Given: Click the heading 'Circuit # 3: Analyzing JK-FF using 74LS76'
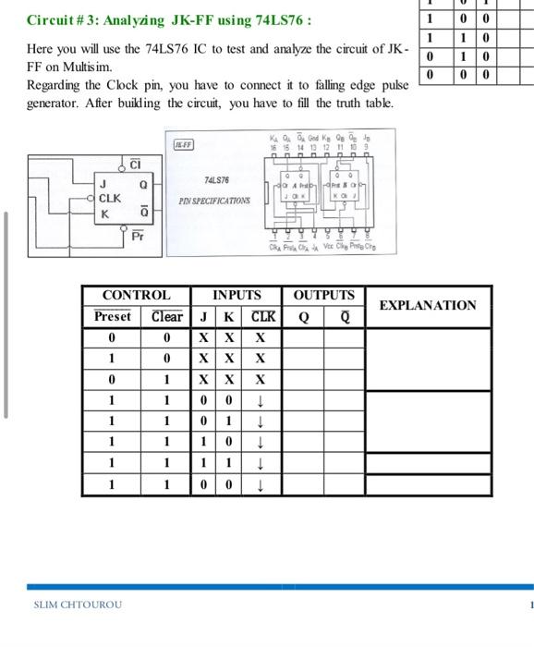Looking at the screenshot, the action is click(x=169, y=19).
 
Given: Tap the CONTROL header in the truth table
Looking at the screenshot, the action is click(x=136, y=296).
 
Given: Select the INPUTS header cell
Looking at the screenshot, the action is click(x=237, y=296).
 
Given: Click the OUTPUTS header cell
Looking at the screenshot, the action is click(x=323, y=296).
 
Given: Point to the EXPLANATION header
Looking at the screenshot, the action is click(x=428, y=305).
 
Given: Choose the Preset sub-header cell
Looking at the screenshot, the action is click(x=112, y=317).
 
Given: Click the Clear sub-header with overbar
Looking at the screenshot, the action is click(x=166, y=317).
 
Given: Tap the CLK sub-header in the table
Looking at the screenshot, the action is click(x=262, y=317).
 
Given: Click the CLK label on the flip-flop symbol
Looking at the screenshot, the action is click(x=110, y=198).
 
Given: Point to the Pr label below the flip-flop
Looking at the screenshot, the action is click(x=138, y=238).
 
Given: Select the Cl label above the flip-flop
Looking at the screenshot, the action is click(x=135, y=165).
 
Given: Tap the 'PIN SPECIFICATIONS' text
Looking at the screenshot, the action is click(x=214, y=200).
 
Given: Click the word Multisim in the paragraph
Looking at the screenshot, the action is click(x=91, y=67).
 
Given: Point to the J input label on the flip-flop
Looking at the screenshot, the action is click(x=103, y=184).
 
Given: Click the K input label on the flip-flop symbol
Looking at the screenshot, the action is click(x=104, y=214).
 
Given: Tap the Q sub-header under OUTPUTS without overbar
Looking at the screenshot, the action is click(x=302, y=317).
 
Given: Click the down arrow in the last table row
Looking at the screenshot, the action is click(x=261, y=484).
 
